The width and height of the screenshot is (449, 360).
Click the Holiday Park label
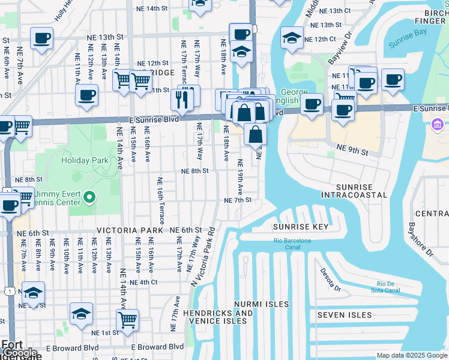(84, 160)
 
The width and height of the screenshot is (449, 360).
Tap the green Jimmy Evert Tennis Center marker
(89, 197)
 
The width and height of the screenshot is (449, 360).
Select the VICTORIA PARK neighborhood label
(130, 230)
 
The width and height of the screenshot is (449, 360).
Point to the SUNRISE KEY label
(301, 227)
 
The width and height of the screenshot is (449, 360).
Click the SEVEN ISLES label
(345, 315)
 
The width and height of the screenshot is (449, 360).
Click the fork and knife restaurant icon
(182, 98)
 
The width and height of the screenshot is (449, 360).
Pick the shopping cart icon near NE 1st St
(127, 321)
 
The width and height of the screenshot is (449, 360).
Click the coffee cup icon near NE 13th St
(42, 38)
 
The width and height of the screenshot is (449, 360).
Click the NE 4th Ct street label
(143, 282)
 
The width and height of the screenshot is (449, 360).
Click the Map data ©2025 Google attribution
(412, 355)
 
